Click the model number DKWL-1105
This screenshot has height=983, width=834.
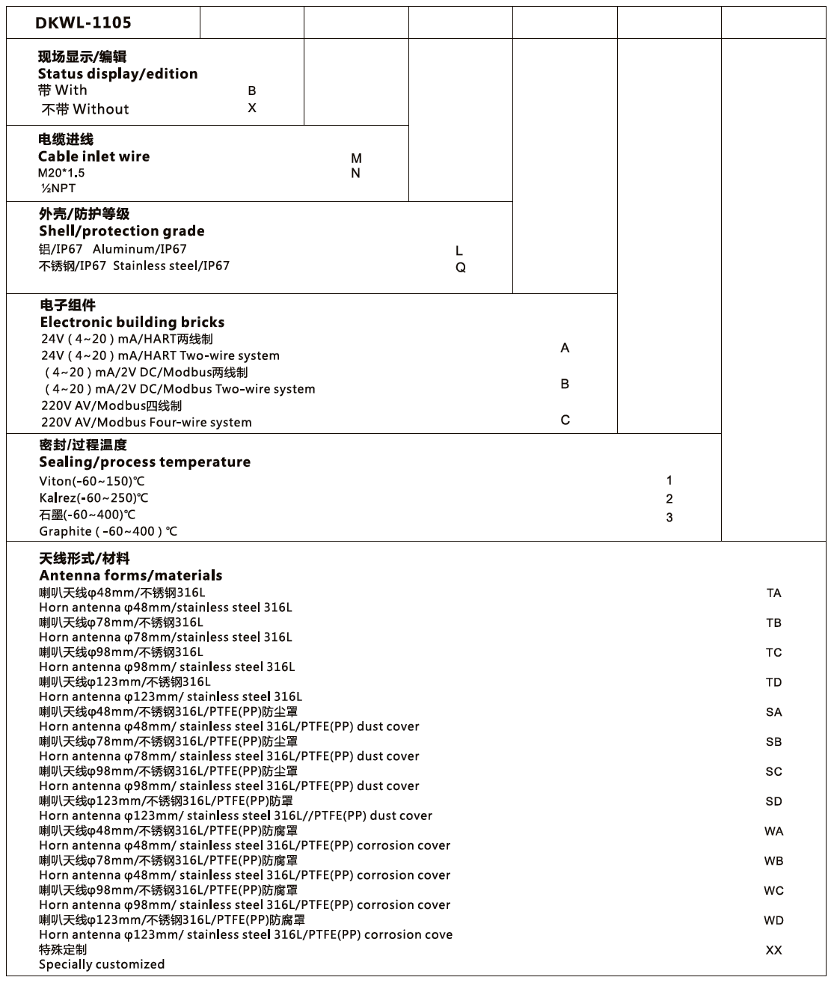tap(83, 22)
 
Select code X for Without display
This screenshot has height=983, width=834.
tap(252, 108)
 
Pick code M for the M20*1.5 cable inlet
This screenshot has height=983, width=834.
tap(356, 158)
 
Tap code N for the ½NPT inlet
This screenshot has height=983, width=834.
tap(356, 173)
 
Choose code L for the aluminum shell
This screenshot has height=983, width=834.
tap(459, 251)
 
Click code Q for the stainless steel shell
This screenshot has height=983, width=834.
tap(461, 267)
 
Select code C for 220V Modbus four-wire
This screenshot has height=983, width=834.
tap(565, 420)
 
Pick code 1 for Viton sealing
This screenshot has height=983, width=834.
tap(669, 480)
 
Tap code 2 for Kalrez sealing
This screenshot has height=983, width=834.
tap(669, 499)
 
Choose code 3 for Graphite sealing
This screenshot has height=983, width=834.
tap(669, 518)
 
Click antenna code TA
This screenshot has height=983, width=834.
tap(773, 593)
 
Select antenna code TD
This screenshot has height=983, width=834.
tap(773, 682)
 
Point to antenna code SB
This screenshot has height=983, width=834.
tap(773, 742)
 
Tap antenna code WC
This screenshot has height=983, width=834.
tap(773, 891)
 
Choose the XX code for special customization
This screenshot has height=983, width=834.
tap(773, 950)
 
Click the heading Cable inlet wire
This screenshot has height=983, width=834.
tap(93, 156)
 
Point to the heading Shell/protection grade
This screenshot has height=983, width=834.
tap(121, 231)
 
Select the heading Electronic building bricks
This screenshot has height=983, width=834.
tap(132, 322)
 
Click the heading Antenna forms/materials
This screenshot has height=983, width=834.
tap(130, 575)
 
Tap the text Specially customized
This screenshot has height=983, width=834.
tap(102, 964)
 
